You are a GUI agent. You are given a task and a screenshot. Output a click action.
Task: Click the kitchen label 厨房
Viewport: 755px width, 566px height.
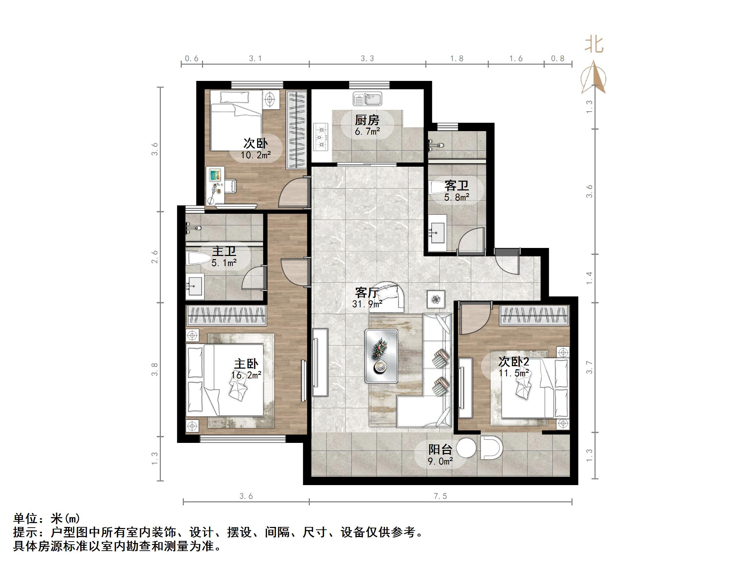coord(367,120)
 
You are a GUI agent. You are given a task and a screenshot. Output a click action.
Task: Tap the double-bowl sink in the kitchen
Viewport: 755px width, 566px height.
coord(367,99)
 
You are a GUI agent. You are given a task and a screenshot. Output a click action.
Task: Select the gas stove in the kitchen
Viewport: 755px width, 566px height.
coord(321,137)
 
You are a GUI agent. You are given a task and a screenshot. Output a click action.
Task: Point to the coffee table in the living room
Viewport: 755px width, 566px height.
coord(381,356)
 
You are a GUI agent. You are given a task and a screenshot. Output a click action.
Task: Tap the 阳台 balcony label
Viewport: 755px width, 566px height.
coord(440,450)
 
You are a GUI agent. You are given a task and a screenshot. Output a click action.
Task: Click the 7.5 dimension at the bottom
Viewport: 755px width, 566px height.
coord(440,496)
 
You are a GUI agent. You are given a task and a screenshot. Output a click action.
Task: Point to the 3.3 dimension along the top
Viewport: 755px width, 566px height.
coord(367,59)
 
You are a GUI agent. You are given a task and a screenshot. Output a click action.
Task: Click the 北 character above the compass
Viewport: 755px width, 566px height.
coord(594,45)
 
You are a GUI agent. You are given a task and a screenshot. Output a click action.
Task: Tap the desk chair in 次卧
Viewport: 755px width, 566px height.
coord(230,186)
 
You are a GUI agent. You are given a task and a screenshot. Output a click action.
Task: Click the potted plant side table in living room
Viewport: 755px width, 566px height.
coord(436,299)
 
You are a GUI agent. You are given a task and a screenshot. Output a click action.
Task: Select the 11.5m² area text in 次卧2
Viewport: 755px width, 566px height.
coord(514,373)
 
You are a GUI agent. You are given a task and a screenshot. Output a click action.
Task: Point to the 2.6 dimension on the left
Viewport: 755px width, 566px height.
coord(155,257)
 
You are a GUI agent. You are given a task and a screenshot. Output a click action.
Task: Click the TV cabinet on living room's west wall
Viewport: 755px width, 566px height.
coord(320,362)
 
